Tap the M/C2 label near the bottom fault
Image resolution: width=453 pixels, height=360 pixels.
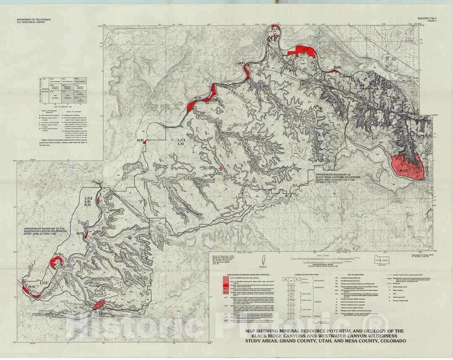point(98,313)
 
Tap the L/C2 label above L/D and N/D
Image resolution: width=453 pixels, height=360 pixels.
point(88,198)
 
